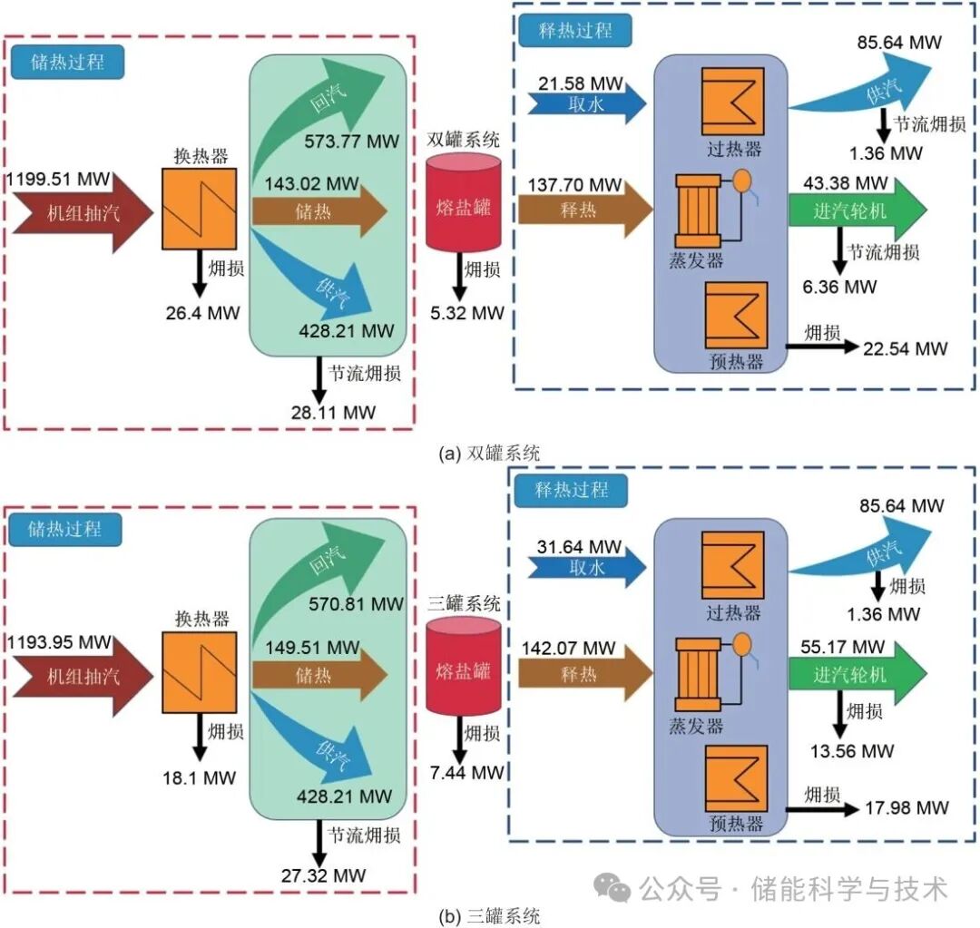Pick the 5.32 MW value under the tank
467,314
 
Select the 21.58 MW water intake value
581,83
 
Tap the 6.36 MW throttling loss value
841,288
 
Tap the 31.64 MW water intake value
581,547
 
